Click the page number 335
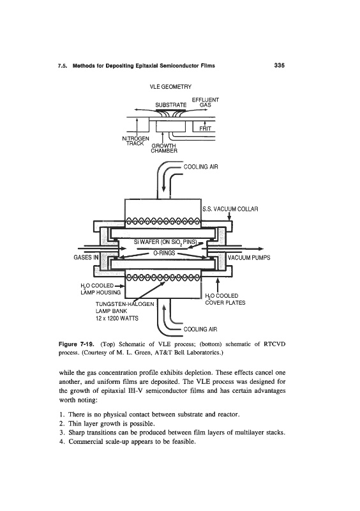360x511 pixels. pos(279,66)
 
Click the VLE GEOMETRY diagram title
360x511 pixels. pos(170,87)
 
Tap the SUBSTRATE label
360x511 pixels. pos(170,105)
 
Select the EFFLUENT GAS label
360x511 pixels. pos(206,102)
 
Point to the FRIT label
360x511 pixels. pos(206,129)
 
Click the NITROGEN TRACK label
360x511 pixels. pos(135,141)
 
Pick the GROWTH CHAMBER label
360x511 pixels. pos(164,148)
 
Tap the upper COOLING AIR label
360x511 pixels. pos(200,167)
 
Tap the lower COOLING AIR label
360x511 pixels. pos(200,329)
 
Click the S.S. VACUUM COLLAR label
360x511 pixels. pos(230,209)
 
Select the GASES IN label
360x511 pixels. pos(86,257)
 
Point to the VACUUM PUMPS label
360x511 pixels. pos(249,257)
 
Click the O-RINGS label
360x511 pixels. pos(164,253)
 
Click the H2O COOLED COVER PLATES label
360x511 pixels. pos(225,299)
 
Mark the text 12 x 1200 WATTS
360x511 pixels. pos(117,318)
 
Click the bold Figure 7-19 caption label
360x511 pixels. pos(77,344)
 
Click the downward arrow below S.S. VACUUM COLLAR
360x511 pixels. pos(229,216)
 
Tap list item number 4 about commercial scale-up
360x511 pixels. pos(128,442)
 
